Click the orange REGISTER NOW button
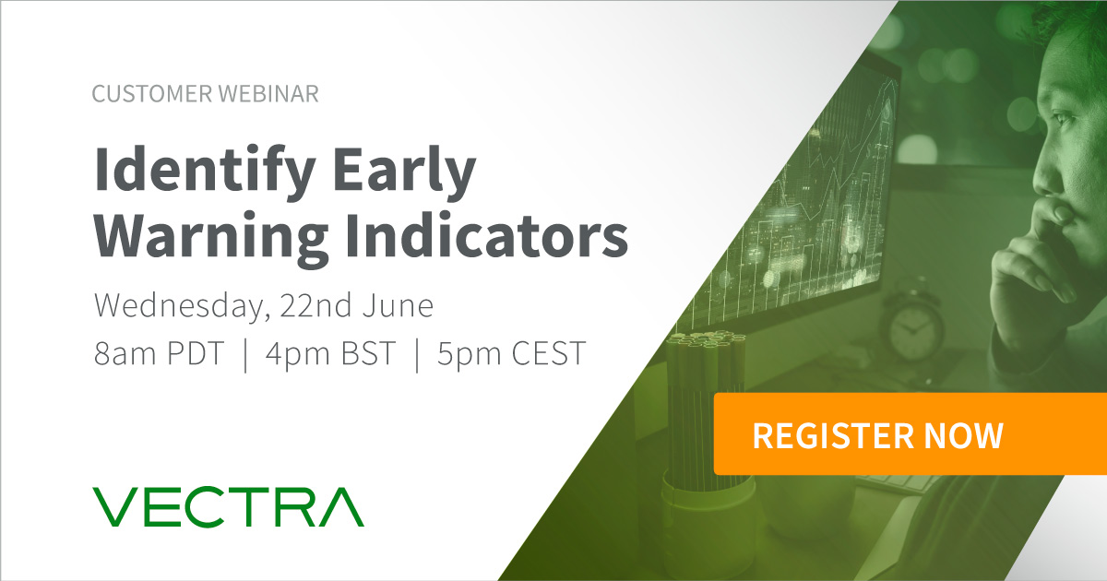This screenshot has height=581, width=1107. click(877, 434)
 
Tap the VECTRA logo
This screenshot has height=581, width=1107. click(229, 508)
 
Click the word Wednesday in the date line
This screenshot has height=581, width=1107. click(174, 305)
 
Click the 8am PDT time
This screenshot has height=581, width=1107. click(159, 354)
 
